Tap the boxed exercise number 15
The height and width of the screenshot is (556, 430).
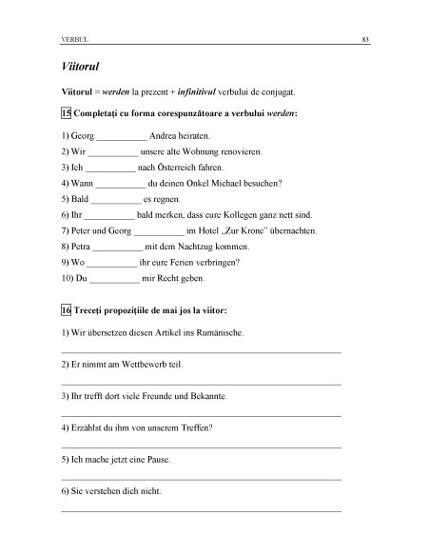66,113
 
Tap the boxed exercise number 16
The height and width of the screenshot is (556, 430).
66,311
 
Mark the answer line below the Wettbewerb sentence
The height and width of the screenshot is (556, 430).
201,385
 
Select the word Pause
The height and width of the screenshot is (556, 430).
157,460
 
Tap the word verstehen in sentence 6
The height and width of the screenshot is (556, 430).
106,491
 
